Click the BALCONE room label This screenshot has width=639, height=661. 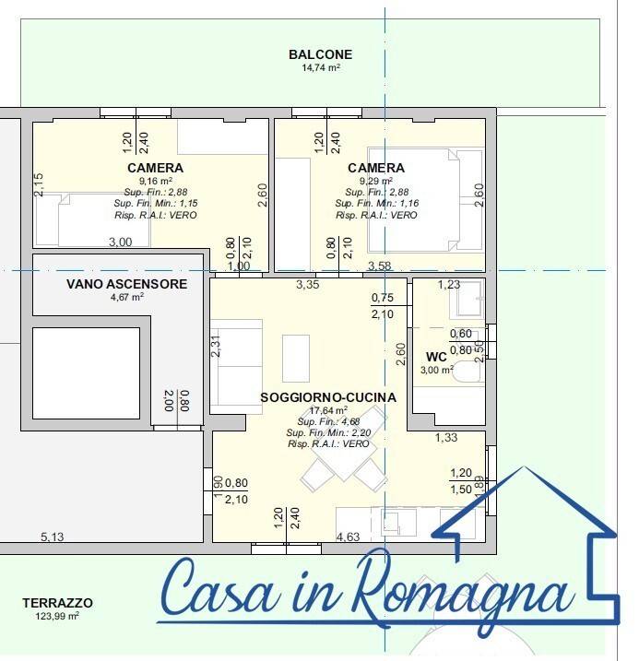tap(320, 54)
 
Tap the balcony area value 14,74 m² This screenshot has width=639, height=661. tap(320, 67)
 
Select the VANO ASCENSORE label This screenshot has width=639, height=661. tap(126, 284)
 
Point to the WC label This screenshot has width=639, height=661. tap(436, 357)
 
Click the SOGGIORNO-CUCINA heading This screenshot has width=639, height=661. tap(328, 397)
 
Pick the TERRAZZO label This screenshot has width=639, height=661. tap(57, 603)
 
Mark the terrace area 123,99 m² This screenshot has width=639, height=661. tap(57, 616)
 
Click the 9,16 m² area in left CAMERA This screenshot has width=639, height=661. tap(155, 182)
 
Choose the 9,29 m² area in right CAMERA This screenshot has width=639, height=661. tap(376, 182)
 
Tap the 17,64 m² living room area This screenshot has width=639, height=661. tap(328, 410)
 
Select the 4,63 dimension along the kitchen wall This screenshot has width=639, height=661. tap(348, 536)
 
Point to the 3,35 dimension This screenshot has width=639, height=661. tap(307, 285)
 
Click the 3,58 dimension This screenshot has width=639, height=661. tap(380, 266)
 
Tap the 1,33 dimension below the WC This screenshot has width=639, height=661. tap(446, 437)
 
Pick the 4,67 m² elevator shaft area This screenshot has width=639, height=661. tap(126, 297)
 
